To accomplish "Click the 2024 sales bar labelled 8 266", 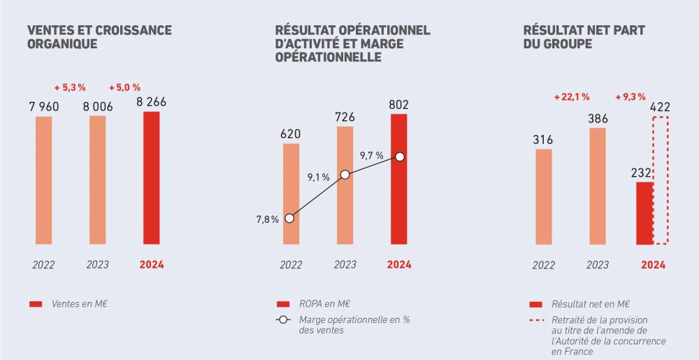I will [151, 178].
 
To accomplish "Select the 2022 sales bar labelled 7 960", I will [43, 180].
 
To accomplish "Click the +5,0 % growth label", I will [124, 87].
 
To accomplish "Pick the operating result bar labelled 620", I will [291, 194].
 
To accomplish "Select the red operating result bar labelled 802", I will [399, 179].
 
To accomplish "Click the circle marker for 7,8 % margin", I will [290, 218].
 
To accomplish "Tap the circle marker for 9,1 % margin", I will [345, 175].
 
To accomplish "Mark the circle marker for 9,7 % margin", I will [399, 157].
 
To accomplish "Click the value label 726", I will [345, 117].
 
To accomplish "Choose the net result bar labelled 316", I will [543, 196].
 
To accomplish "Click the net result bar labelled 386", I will [598, 186].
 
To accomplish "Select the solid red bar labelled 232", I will [644, 213].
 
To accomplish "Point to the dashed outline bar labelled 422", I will [661, 180].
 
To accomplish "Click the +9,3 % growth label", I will [629, 97].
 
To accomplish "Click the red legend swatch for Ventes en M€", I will [36, 304].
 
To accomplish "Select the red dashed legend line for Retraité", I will [537, 322].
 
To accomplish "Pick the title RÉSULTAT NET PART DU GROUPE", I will [584, 37].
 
